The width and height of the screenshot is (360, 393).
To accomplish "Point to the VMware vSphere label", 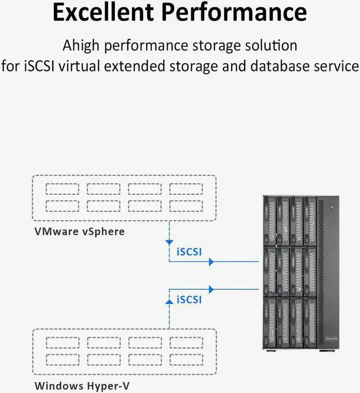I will [79, 231].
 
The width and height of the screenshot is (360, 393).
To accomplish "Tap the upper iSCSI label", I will [189, 252].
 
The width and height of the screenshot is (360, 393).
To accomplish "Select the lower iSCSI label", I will [189, 299].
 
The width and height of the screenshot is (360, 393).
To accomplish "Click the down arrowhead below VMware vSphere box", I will [169, 242].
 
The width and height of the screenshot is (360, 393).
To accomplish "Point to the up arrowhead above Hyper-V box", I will [169, 302].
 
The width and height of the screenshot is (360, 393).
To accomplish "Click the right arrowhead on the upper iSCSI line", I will [211, 262].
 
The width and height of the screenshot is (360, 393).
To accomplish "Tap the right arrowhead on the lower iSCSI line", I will [211, 289].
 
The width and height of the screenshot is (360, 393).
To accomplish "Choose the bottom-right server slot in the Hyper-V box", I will [186, 359].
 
